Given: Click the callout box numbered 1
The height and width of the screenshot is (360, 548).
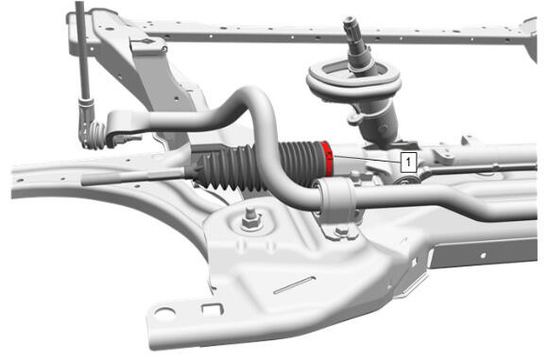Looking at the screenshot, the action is [x=408, y=162].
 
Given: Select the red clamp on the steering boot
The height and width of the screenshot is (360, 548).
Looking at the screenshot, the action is [x=327, y=159].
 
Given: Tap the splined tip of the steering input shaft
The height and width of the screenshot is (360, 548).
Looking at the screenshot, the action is [x=351, y=26].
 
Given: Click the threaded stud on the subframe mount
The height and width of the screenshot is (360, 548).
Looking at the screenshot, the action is [x=249, y=213].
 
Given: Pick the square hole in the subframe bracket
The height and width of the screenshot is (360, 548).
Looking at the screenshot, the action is [x=213, y=310].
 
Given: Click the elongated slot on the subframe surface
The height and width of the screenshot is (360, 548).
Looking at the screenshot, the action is [x=294, y=284].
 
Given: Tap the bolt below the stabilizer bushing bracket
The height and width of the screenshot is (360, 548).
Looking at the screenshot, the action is [x=340, y=231].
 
